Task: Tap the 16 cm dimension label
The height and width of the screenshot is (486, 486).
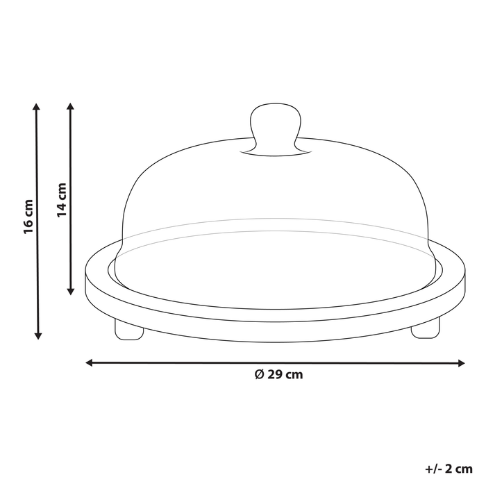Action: [x=28, y=217]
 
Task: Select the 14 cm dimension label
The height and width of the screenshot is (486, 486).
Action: [x=62, y=200]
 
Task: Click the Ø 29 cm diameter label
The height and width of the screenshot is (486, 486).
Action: [x=278, y=375]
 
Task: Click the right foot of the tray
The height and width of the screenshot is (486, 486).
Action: [x=425, y=330]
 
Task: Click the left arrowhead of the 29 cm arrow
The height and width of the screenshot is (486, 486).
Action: [x=89, y=362]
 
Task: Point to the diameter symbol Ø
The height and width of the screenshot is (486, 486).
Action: [x=259, y=375]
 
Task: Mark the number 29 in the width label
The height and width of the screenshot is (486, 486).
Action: [x=274, y=375]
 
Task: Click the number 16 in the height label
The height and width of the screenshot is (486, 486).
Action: [x=28, y=226]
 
